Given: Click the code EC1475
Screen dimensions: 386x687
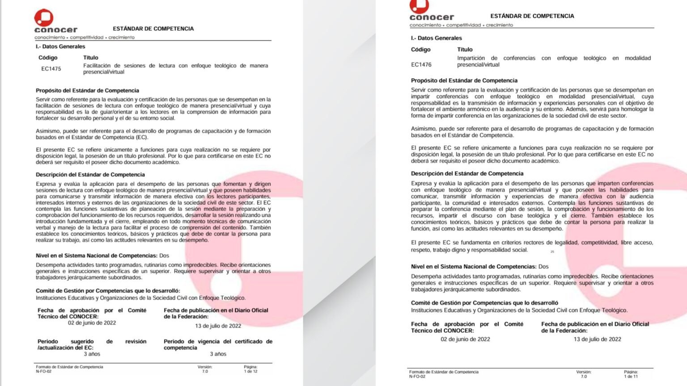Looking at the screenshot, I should click(51, 69).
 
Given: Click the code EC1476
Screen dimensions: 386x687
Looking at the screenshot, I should click(421, 65).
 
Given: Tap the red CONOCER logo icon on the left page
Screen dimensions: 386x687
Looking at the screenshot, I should click(44, 18).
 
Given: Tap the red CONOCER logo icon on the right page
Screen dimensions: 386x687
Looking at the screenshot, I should click(419, 6).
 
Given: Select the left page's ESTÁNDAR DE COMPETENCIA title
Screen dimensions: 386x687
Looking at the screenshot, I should click(153, 29).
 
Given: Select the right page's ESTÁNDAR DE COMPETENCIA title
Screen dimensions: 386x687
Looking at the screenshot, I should click(532, 16).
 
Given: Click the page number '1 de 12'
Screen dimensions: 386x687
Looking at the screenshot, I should click(250, 371).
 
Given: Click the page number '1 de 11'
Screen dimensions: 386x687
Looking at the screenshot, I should click(631, 376).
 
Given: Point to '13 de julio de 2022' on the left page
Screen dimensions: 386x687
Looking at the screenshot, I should click(218, 326).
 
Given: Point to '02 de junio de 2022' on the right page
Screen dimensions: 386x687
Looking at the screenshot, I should click(465, 339).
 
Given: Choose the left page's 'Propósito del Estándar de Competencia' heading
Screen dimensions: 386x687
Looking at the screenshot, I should click(87, 91).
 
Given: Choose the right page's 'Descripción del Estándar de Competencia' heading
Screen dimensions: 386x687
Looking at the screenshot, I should click(467, 173).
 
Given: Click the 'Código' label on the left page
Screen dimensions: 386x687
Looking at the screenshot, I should click(48, 58).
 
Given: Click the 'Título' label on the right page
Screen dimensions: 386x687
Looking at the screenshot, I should click(465, 50).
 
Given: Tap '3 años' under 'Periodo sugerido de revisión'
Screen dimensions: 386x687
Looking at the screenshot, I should click(92, 354).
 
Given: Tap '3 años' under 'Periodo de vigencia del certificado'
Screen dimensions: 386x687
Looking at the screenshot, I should click(218, 354).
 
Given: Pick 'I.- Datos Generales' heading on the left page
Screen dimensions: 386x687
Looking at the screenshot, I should click(60, 46).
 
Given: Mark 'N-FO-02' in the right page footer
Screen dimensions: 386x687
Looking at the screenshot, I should click(417, 377).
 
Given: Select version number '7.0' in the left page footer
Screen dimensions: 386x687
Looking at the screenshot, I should click(205, 371).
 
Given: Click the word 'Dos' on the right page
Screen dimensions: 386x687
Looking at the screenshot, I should click(543, 267).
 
